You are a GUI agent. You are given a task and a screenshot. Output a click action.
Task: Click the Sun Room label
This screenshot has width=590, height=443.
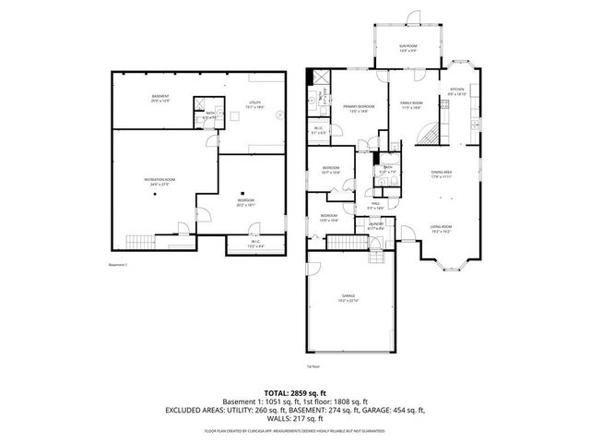coord(407,47)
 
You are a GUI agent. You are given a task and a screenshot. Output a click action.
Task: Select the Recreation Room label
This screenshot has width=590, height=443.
coord(159,181)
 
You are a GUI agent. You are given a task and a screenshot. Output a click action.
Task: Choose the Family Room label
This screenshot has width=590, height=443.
coord(411,105)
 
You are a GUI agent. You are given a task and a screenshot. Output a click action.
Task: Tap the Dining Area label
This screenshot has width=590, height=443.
coord(442,174)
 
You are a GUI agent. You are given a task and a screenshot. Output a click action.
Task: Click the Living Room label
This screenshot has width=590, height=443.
coord(440,229)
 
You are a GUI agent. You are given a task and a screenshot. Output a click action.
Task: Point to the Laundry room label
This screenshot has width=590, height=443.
coord(375,226)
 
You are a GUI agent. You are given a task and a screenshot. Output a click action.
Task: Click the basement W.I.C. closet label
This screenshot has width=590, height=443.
coord(254,245)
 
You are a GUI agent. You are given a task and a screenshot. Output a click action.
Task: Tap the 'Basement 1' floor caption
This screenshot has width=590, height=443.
coord(116,266)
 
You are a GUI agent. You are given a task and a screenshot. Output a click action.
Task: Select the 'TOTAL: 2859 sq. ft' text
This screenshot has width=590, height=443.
coord(295,392)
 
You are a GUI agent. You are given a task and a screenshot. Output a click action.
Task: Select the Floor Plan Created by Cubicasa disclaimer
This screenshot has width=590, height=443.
coord(295,431)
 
